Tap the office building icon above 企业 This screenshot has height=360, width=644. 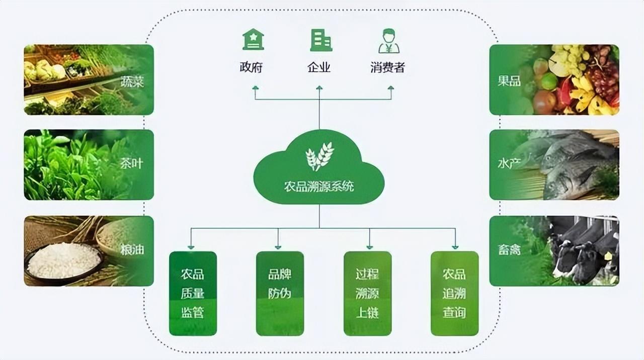[321, 40]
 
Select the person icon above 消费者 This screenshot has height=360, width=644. [388, 41]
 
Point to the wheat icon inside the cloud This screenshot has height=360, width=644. [319, 156]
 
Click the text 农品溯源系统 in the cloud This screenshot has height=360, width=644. [319, 187]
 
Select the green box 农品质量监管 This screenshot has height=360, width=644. [193, 294]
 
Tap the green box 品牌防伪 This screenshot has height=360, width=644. [280, 294]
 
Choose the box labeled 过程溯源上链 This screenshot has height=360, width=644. [367, 294]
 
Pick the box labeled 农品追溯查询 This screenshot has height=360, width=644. [454, 294]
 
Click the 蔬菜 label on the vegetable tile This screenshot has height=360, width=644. [132, 81]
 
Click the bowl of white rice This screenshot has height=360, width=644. [64, 260]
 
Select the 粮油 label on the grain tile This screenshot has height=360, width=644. [132, 249]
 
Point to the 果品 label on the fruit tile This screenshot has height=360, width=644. [509, 81]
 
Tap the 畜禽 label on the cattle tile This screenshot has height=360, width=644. [509, 249]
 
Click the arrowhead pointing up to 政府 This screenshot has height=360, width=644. [255, 88]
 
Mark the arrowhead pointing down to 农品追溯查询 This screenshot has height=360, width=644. [455, 246]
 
